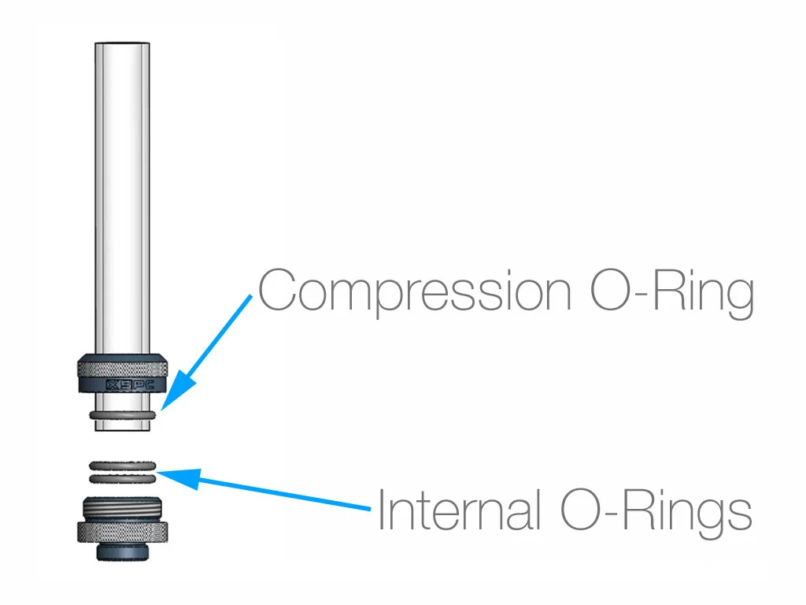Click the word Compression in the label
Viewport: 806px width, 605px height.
[x=414, y=292]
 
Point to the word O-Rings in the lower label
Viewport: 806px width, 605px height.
[x=656, y=510]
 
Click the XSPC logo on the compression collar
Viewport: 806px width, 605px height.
[x=123, y=385]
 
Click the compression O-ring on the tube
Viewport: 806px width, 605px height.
[x=123, y=414]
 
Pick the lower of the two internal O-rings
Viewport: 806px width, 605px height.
[x=123, y=477]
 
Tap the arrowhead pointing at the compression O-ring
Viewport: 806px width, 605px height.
[x=174, y=394]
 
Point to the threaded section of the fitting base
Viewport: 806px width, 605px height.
[x=123, y=510]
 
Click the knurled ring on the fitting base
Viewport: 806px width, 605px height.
[x=123, y=533]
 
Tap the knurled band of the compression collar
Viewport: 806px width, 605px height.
[x=123, y=366]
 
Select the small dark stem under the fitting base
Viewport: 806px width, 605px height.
[x=123, y=551]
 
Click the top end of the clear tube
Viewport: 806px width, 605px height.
[x=123, y=46]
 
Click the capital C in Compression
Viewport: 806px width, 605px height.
[x=277, y=292]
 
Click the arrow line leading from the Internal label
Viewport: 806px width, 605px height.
[x=283, y=493]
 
